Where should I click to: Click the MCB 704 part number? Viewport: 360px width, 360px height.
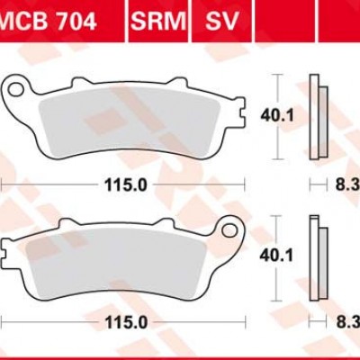(48, 21)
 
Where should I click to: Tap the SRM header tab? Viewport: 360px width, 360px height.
(158, 21)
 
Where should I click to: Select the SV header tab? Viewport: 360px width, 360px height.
(221, 21)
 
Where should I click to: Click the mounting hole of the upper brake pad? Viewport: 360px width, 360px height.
(16, 89)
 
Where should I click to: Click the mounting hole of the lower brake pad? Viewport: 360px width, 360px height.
(229, 229)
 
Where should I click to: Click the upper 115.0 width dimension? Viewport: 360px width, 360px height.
(126, 185)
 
